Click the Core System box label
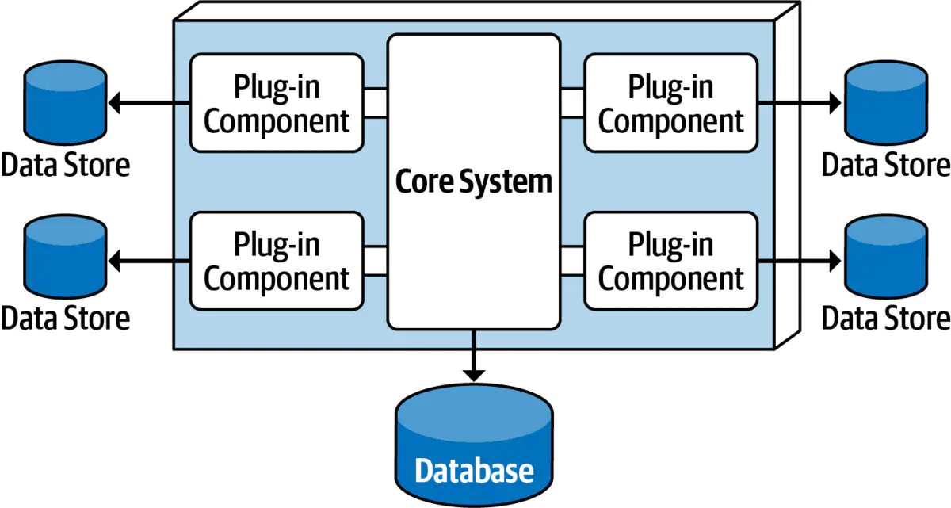tap(473, 182)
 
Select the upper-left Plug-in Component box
tap(277, 103)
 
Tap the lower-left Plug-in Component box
tap(277, 261)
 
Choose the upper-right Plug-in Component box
tap(671, 103)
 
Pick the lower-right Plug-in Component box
tap(671, 261)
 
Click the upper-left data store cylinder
tap(65, 101)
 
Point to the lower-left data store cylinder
tap(65, 258)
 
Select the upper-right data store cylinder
tap(885, 101)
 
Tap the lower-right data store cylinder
tap(885, 258)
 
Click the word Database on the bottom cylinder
tap(474, 471)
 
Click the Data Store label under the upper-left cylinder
tap(65, 166)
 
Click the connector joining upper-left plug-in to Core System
tap(376, 103)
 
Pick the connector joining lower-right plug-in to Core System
tap(572, 261)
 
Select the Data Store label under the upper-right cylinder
tap(885, 166)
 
